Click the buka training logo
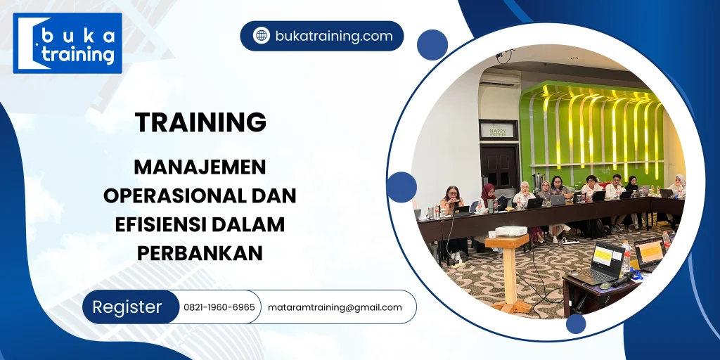[67, 43]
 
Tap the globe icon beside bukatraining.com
[262, 36]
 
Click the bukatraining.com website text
[334, 36]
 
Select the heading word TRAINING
[201, 122]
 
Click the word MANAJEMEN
[200, 167]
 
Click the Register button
[127, 307]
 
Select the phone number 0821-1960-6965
[219, 307]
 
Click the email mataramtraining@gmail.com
[335, 307]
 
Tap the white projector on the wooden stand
[511, 232]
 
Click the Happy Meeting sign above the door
[498, 130]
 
